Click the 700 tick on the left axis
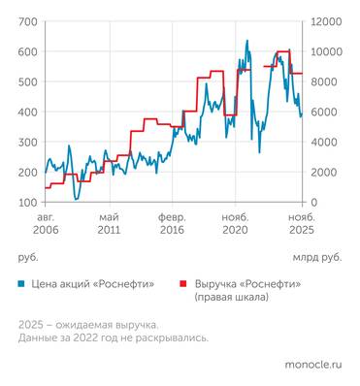tap(28, 21)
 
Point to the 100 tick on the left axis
tap(28, 202)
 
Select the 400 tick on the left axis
tap(28, 112)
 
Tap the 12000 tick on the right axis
tap(325, 21)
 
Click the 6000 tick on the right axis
tap(322, 112)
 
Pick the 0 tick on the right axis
tap(313, 202)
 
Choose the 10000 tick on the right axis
tap(325, 51)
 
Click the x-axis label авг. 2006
tap(45, 224)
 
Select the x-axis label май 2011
tap(109, 224)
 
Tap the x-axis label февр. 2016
tap(172, 224)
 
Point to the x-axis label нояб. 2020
tap(236, 224)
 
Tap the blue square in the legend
tap(21, 284)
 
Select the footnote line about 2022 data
tap(113, 338)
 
